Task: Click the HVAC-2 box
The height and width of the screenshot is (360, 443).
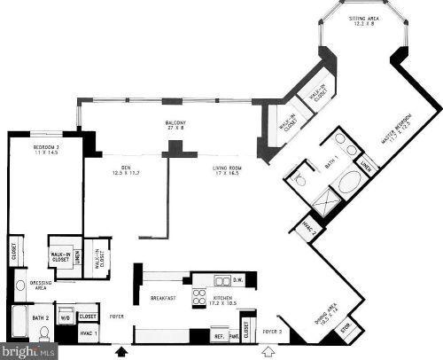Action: (308, 227)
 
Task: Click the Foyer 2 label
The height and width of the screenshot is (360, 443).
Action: (271, 333)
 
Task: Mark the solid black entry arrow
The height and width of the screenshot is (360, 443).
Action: (121, 351)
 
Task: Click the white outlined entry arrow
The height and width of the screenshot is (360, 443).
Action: (270, 351)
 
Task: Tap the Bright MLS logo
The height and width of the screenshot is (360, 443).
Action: (28, 349)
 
